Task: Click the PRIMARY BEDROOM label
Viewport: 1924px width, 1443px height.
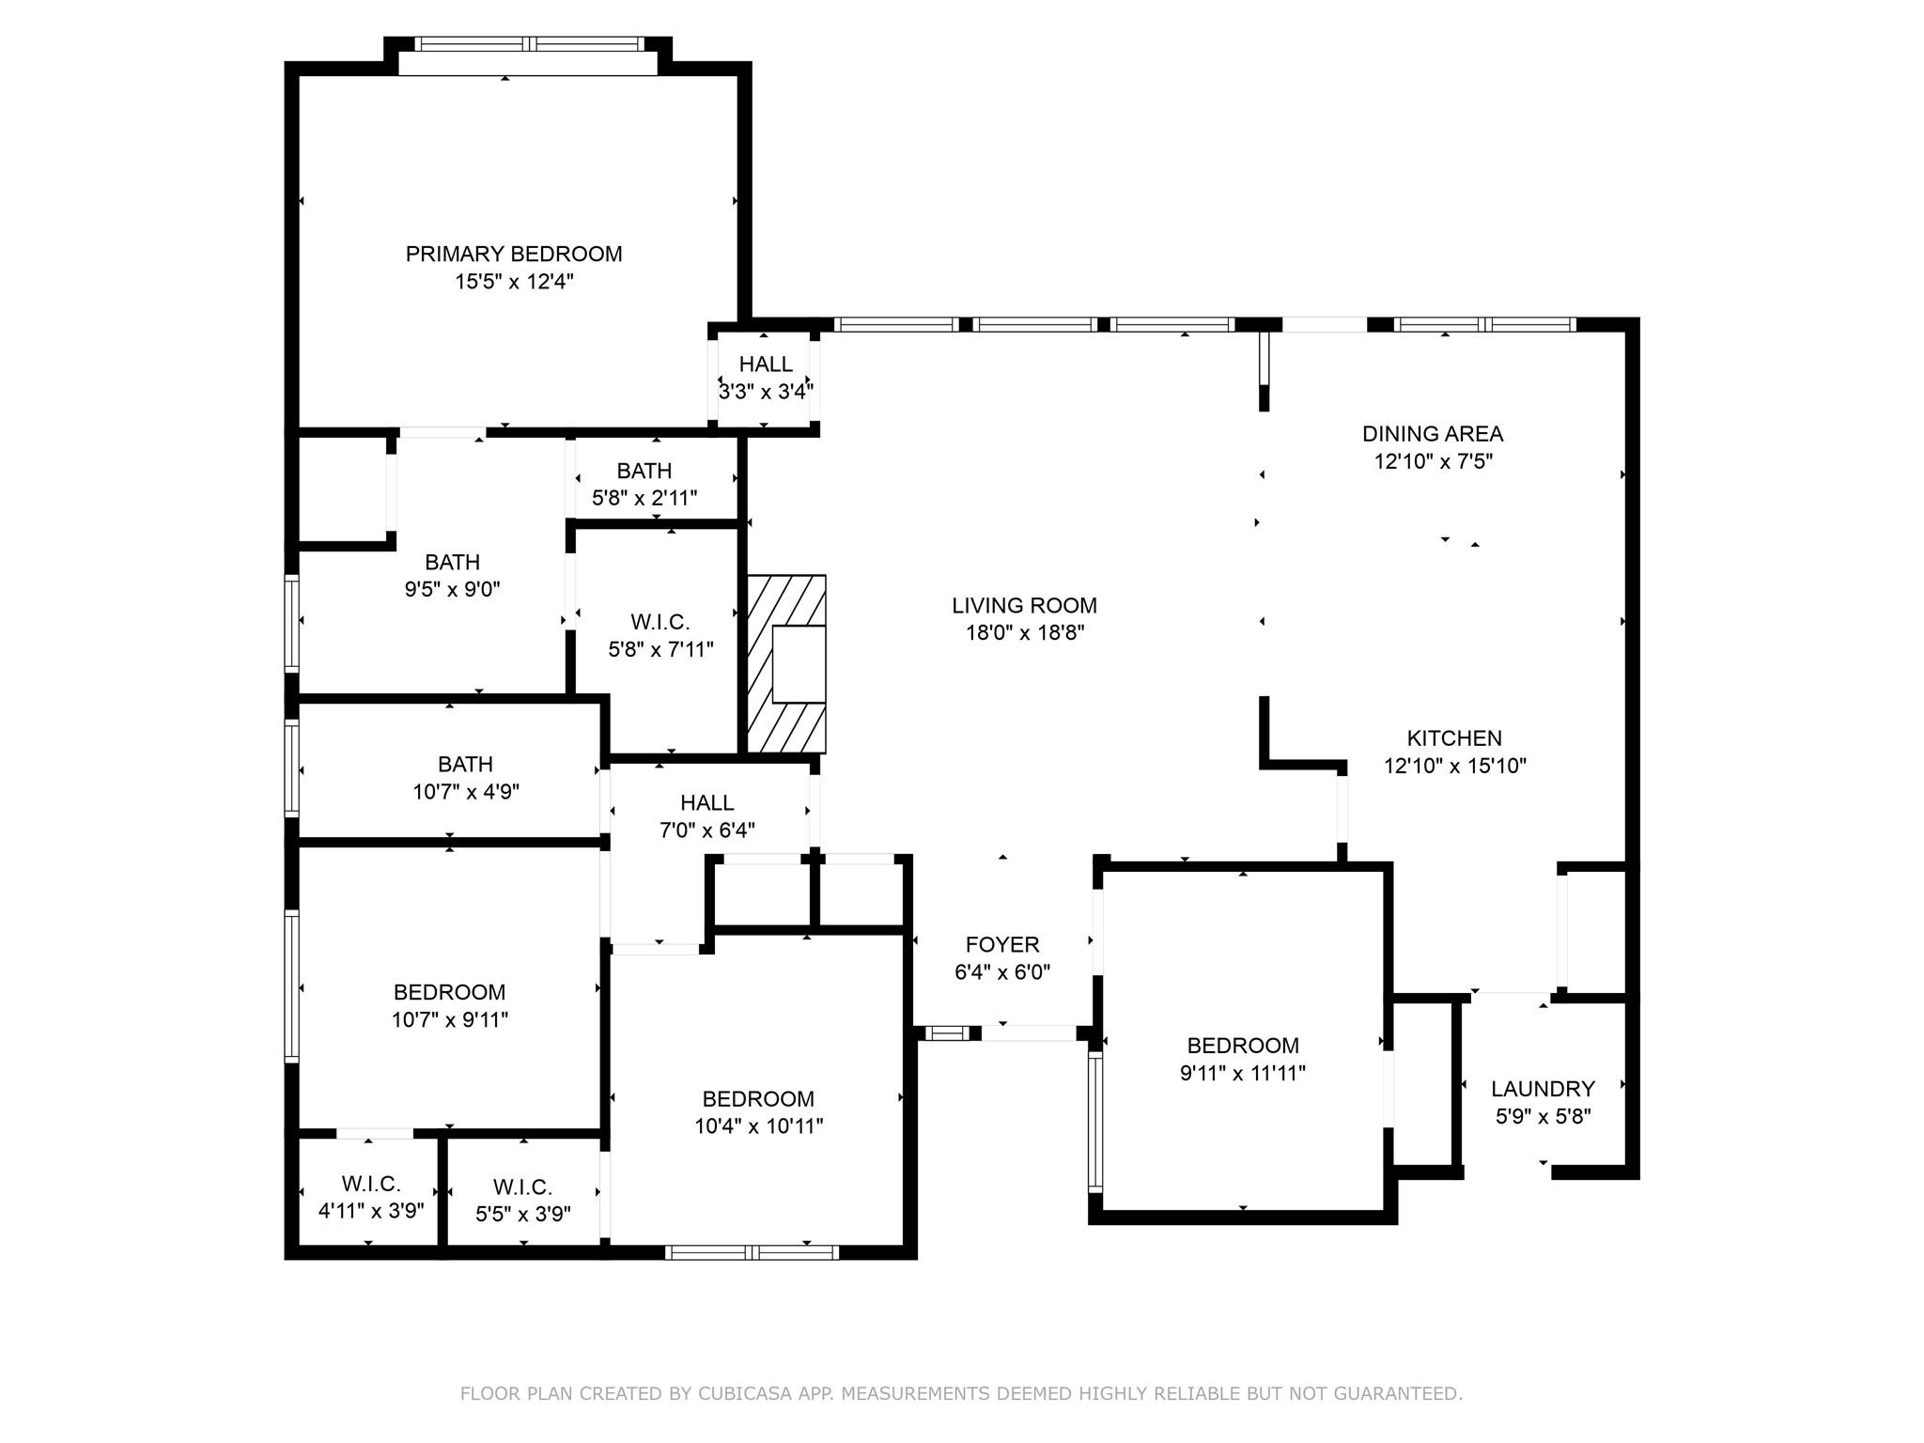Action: coord(513,254)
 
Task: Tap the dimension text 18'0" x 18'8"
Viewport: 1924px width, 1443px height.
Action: coord(1025,633)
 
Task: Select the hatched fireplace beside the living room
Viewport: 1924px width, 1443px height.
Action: coord(787,663)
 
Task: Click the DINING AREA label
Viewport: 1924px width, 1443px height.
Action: coord(1433,434)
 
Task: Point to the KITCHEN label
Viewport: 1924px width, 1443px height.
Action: coord(1454,738)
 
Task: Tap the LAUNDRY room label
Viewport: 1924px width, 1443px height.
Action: coord(1543,1089)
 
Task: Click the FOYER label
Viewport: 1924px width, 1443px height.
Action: coord(1002,945)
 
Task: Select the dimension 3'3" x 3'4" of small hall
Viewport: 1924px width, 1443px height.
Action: coord(766,392)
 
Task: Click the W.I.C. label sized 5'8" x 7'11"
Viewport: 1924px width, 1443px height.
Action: coord(660,622)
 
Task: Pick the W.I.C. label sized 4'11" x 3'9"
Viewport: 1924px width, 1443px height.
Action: coord(371,1184)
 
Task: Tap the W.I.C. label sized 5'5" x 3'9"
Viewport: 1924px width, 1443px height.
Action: coord(522,1187)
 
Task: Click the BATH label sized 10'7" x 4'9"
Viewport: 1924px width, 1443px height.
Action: coord(465,765)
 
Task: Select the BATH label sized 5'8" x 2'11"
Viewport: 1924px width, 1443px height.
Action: coord(644,471)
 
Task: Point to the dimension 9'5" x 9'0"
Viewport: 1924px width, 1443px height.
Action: coord(452,590)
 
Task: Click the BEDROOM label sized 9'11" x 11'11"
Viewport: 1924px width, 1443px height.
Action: coord(1243,1046)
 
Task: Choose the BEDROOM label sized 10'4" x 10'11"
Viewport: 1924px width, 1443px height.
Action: coord(758,1099)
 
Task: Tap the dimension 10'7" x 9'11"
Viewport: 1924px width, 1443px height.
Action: coord(450,1019)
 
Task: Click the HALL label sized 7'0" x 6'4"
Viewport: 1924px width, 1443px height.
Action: coord(706,803)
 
